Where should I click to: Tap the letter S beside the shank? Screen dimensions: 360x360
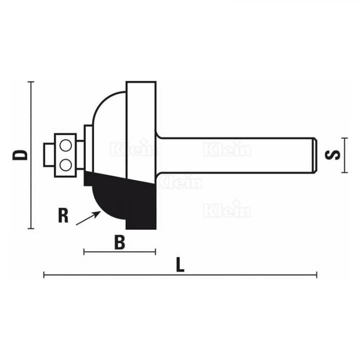[x=335, y=154]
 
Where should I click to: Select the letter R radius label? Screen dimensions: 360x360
[x=63, y=215]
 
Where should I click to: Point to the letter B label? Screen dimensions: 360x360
[x=119, y=242]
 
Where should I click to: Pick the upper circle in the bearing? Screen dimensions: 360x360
[x=65, y=146]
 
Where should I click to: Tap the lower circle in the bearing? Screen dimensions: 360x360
[x=65, y=163]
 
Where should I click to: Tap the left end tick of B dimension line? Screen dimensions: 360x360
[x=84, y=251]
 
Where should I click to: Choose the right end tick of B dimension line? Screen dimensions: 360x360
[x=156, y=251]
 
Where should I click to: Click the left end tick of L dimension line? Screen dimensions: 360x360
[x=44, y=274]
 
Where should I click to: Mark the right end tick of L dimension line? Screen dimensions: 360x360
[x=316, y=274]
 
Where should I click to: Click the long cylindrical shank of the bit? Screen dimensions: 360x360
[x=235, y=155]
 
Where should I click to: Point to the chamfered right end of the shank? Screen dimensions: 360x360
[x=314, y=155]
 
